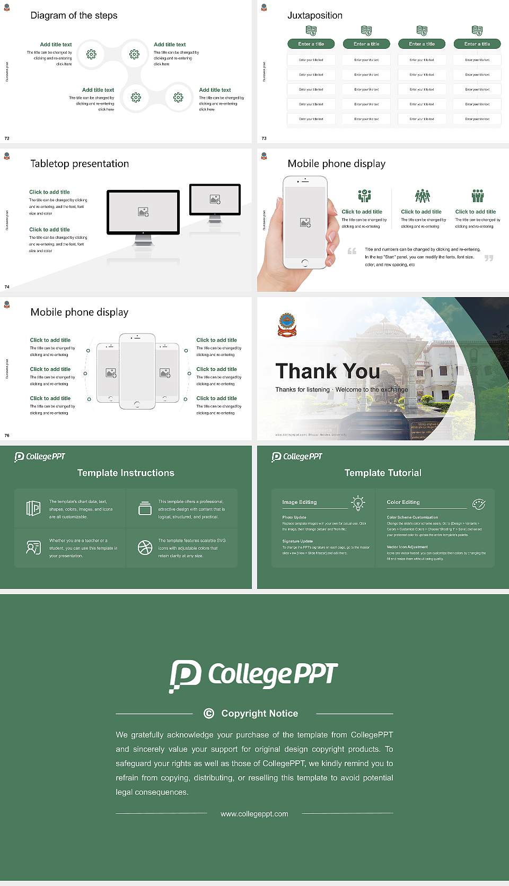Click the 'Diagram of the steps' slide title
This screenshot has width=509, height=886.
[x=74, y=15]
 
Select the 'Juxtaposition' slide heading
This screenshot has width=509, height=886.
[x=314, y=15]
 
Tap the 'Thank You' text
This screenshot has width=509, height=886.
[x=327, y=371]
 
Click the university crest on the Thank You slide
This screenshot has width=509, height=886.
[x=287, y=325]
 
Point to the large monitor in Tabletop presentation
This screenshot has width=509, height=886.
[x=143, y=212]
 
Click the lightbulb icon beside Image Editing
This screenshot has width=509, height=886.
[x=358, y=502]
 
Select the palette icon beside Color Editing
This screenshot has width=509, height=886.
[x=479, y=503]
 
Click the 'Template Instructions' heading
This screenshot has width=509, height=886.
[x=126, y=473]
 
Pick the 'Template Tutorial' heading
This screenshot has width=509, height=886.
[x=383, y=473]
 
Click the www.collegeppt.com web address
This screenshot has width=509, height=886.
[x=254, y=814]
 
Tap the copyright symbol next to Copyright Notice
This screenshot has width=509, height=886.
[x=209, y=714]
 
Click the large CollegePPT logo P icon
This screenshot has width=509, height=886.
[x=185, y=675]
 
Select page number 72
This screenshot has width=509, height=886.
[x=7, y=138]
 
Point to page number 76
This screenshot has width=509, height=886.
[x=7, y=436]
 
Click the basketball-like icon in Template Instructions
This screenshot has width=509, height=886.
[x=145, y=548]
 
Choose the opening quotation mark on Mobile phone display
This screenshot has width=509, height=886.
[x=352, y=251]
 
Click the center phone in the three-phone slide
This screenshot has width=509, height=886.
[x=137, y=371]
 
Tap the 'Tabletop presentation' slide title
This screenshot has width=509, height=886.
[x=80, y=163]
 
